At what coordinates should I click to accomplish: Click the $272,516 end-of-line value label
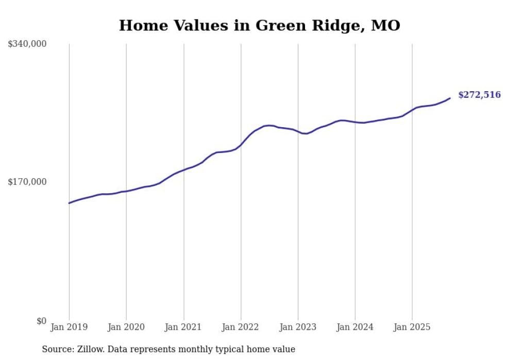click(479, 95)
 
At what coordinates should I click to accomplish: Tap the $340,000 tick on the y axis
click(27, 44)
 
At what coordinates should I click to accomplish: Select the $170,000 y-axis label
click(27, 182)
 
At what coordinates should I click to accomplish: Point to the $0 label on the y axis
click(41, 321)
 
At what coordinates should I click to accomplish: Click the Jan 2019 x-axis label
click(69, 327)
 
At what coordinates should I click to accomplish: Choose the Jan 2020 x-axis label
click(126, 327)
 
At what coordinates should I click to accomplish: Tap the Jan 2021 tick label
click(183, 327)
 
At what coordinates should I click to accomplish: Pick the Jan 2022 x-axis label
click(241, 327)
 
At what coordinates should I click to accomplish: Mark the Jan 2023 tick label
click(298, 327)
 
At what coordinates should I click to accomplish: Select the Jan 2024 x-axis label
click(355, 327)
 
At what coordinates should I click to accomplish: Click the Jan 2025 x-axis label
click(412, 327)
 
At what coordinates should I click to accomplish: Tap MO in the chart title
click(388, 25)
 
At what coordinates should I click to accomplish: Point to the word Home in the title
click(140, 25)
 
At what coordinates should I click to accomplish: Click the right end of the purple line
click(450, 98)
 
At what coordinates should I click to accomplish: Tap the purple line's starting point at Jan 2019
click(69, 203)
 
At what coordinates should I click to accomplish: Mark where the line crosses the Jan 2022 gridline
click(241, 145)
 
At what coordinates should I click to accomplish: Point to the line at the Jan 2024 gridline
click(355, 122)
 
